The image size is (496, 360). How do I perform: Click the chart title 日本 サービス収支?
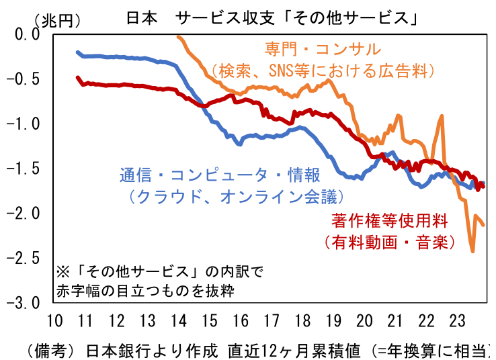click(x=272, y=19)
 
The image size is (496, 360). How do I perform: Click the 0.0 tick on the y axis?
click(x=28, y=34)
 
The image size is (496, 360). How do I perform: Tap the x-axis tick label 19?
click(x=332, y=320)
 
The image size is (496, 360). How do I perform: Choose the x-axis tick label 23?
click(x=454, y=320)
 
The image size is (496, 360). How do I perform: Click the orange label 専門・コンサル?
click(x=321, y=49)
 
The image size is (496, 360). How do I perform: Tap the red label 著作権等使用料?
click(x=399, y=220)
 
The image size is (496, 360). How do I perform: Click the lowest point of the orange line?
click(x=472, y=251)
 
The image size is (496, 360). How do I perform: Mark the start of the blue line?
click(x=79, y=52)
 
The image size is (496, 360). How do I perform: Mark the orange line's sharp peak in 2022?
click(x=442, y=116)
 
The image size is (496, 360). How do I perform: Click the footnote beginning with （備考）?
click(x=255, y=350)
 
